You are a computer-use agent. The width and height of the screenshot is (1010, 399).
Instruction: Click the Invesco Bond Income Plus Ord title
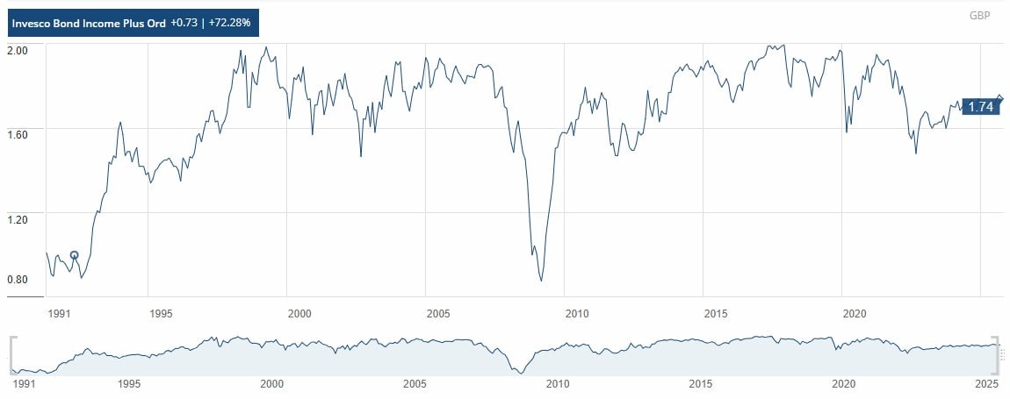coord(90,23)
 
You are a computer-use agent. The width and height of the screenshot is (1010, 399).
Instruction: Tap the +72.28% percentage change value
coord(231,23)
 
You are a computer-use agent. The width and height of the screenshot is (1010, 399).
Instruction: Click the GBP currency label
coord(979,16)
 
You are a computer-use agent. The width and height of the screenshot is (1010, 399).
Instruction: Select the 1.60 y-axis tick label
coord(19,133)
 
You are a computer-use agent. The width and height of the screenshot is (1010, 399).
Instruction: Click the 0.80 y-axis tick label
coord(19,280)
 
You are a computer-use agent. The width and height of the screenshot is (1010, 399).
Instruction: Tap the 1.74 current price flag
coord(979,107)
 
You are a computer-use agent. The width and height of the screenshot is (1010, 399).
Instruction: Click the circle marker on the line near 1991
coord(74,255)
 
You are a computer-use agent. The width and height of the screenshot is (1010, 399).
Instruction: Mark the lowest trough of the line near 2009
coord(541,281)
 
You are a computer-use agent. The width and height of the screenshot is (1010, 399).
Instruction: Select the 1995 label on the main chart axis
coord(159,313)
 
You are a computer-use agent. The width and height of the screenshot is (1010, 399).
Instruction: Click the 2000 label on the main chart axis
coord(299,313)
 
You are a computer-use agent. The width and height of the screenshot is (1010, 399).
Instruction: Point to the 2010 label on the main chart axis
coord(576,313)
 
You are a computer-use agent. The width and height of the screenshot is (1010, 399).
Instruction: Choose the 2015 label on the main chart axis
coord(716,313)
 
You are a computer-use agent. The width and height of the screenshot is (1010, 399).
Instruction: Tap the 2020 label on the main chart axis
coord(855,313)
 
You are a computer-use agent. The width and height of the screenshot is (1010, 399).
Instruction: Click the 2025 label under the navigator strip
coord(987,384)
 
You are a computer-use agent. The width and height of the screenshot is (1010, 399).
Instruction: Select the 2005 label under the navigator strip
coord(415,384)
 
